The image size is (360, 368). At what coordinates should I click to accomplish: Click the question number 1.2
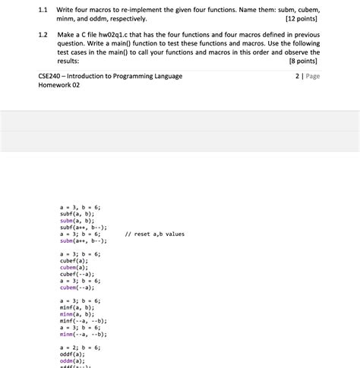click(x=43, y=35)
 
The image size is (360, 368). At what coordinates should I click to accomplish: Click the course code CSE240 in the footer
click(x=52, y=77)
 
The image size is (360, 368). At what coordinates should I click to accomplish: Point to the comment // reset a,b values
click(x=154, y=234)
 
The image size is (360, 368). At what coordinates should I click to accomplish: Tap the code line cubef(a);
click(x=74, y=260)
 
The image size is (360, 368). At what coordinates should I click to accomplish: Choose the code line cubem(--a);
click(x=77, y=288)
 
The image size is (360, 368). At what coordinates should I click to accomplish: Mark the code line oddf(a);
click(x=72, y=354)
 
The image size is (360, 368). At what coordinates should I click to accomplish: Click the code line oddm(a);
click(x=72, y=360)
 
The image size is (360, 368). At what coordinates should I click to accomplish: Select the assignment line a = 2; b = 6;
click(x=80, y=347)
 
